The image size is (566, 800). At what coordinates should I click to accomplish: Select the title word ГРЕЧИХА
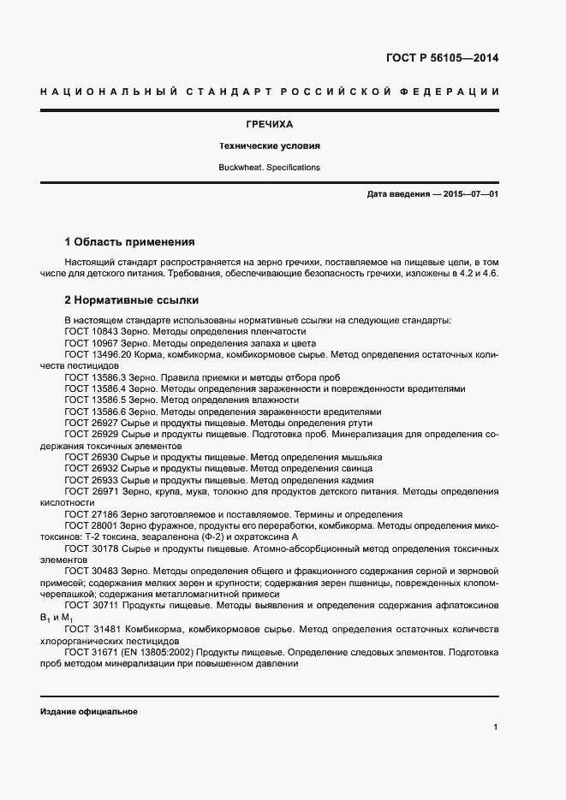pyautogui.click(x=269, y=124)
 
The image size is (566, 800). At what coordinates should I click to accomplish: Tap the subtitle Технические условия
pyautogui.click(x=269, y=146)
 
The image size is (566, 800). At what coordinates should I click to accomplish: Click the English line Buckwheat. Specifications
pyautogui.click(x=269, y=168)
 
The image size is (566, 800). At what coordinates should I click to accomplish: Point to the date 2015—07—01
pyautogui.click(x=468, y=195)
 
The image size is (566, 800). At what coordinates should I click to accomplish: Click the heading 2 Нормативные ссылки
pyautogui.click(x=132, y=300)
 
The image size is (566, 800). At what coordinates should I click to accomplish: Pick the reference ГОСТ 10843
pyautogui.click(x=90, y=331)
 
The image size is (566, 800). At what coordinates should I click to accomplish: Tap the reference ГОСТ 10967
pyautogui.click(x=90, y=342)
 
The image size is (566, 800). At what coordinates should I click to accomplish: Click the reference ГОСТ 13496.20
pyautogui.click(x=96, y=354)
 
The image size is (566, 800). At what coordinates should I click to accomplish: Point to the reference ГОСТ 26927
pyautogui.click(x=90, y=423)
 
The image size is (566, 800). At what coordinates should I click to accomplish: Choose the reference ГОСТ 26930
pyautogui.click(x=90, y=458)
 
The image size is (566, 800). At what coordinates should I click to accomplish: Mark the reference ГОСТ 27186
pyautogui.click(x=90, y=515)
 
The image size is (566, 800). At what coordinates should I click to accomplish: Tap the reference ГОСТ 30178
pyautogui.click(x=90, y=549)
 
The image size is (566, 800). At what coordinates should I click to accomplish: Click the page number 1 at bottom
pyautogui.click(x=496, y=727)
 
